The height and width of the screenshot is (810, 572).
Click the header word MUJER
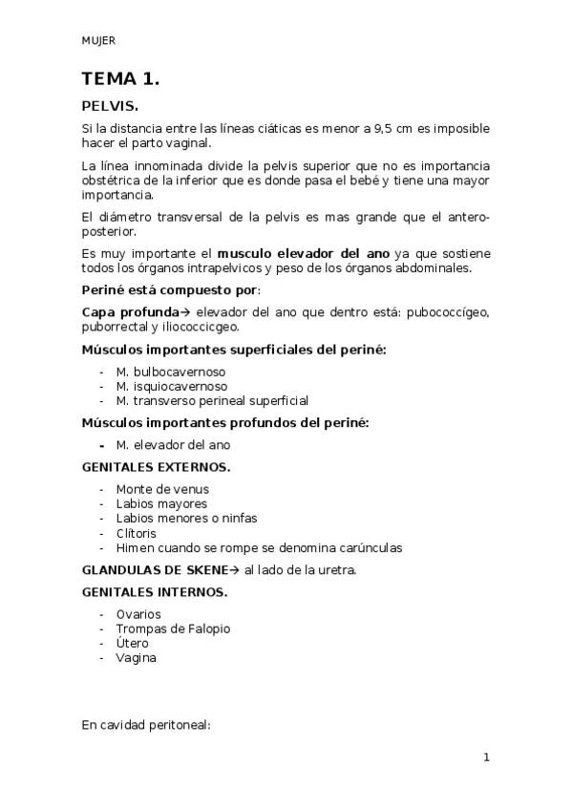[x=98, y=40]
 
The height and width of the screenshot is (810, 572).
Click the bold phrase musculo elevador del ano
[x=303, y=254]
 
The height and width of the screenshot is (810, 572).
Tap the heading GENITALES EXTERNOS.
[x=156, y=467]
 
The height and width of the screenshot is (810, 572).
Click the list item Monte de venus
[x=162, y=489]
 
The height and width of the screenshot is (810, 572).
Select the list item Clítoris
[x=136, y=533]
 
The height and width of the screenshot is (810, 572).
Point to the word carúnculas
[x=367, y=548]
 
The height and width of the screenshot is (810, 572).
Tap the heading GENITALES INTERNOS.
[x=155, y=592]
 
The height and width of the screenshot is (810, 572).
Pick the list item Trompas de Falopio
[x=173, y=629]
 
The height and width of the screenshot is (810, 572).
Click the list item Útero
[x=132, y=643]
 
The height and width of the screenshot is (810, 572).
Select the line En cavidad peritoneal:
[x=146, y=725]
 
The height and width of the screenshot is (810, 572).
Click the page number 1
[x=486, y=757]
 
